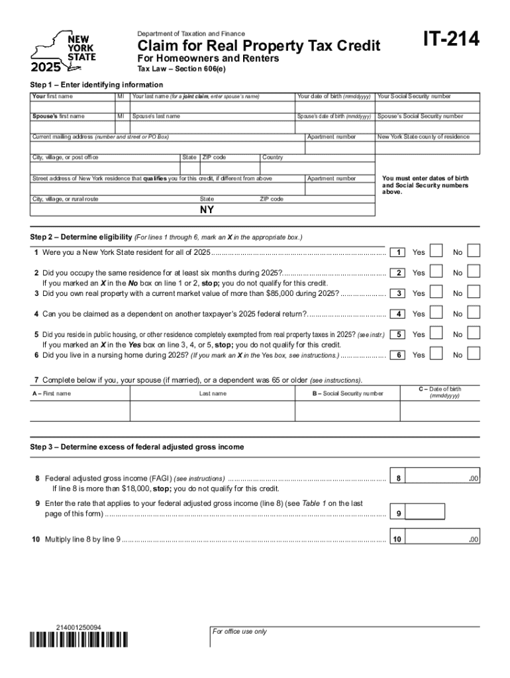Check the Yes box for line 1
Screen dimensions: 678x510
[x=437, y=252]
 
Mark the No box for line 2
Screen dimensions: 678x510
[x=474, y=272]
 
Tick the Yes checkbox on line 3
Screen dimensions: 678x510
[x=437, y=293]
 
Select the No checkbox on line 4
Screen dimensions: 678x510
[x=474, y=313]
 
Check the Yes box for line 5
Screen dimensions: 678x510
[x=437, y=334]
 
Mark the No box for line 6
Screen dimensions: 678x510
[x=474, y=355]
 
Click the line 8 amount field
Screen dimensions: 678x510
[x=441, y=477]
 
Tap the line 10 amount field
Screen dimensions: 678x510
[x=441, y=539]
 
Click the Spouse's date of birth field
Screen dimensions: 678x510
[x=334, y=126]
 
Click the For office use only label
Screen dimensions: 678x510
[x=239, y=632]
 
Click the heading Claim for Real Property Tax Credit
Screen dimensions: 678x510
[x=259, y=46]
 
